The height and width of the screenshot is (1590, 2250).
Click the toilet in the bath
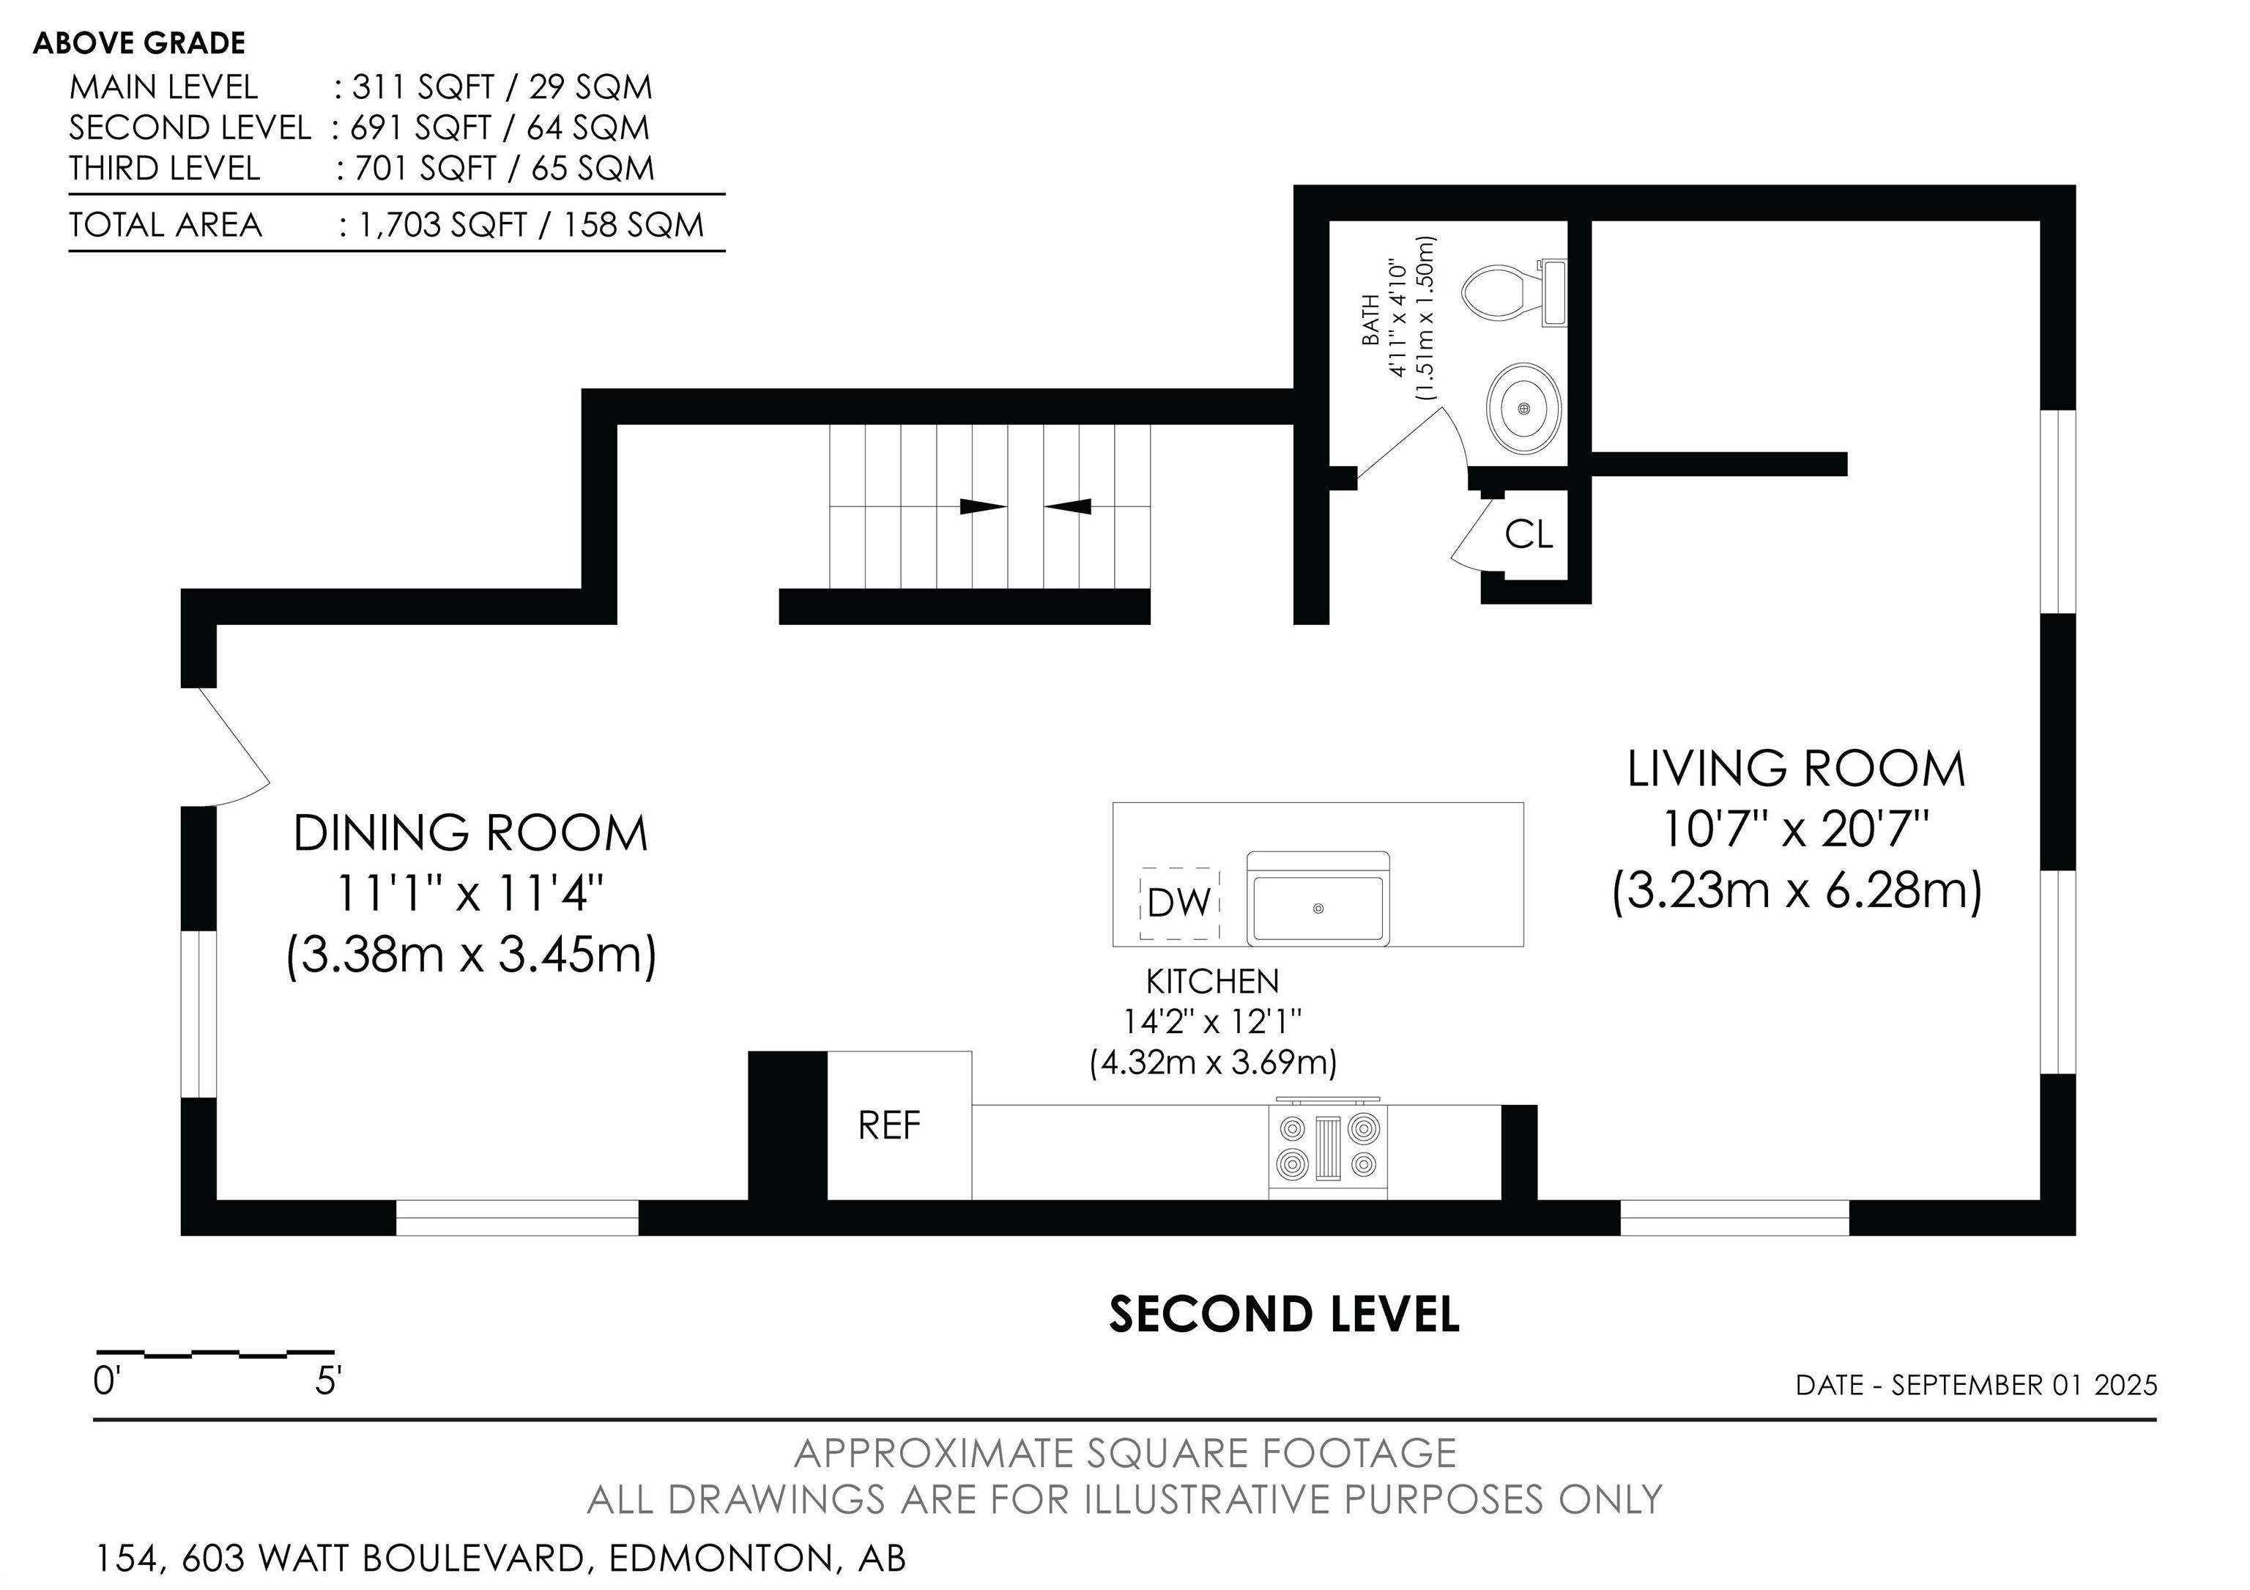coord(1513,292)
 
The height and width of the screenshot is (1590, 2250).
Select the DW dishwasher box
coord(1179,903)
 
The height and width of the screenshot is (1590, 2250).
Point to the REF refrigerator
coord(899,1125)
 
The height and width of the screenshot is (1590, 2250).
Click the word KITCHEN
coord(1212,981)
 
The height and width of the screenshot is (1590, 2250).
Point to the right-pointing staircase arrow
coord(983,507)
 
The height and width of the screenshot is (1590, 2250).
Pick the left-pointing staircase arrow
coord(1067,507)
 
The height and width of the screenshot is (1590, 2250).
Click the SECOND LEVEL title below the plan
coord(1284,1314)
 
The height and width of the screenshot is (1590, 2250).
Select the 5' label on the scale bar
coord(328,1381)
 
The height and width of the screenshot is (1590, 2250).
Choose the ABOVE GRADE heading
coord(139,43)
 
